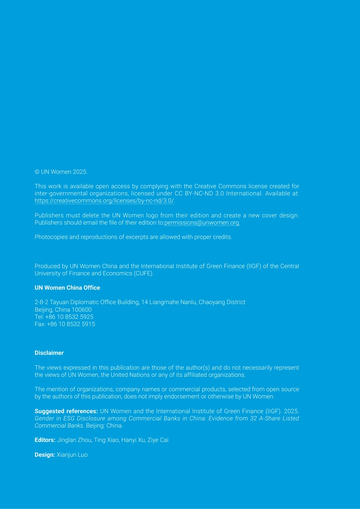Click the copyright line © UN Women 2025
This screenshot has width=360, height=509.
61,172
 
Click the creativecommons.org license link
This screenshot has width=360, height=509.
104,201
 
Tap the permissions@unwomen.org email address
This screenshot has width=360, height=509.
202,223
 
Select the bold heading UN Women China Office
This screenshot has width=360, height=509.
67,288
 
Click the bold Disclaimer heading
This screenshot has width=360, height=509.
49,353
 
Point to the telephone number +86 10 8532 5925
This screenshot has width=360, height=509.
69,317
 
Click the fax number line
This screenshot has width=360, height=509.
65,324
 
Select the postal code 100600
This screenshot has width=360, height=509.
81,310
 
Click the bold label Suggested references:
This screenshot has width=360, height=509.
66,411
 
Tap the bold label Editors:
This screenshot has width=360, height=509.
45,440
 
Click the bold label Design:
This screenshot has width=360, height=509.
45,455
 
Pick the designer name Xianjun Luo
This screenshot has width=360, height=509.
72,455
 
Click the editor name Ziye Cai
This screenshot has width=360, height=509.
158,440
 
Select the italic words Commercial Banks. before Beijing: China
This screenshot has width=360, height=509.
59,426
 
